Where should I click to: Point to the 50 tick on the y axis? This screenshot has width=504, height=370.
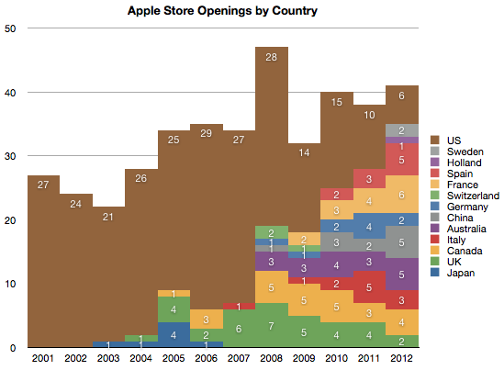[x=10, y=28]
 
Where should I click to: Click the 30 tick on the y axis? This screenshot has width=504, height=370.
[x=10, y=156]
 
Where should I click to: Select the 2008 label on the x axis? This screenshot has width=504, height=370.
[x=271, y=357]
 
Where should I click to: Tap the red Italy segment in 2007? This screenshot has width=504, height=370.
[x=240, y=306]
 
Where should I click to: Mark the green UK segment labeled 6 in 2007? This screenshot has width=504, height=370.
[x=240, y=329]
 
